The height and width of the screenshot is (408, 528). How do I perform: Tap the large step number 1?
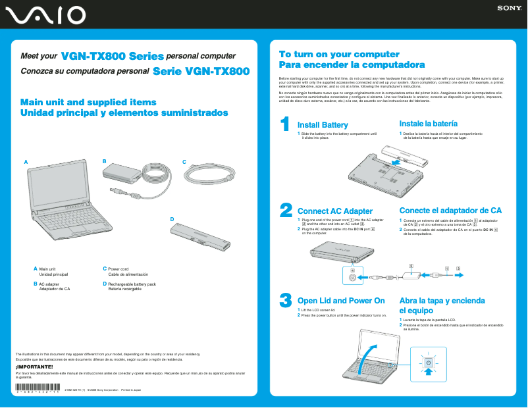click(x=285, y=124)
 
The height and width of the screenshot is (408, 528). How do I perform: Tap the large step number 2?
click(x=286, y=209)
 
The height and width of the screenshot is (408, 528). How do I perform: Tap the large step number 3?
click(x=286, y=300)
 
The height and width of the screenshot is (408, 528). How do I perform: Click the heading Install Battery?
click(x=323, y=125)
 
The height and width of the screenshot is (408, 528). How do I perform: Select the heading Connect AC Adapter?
click(x=335, y=211)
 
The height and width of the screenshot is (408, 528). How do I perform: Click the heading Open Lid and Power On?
click(x=341, y=301)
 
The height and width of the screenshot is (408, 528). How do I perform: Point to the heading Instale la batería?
click(x=428, y=124)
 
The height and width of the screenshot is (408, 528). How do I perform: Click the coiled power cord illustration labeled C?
click(x=209, y=176)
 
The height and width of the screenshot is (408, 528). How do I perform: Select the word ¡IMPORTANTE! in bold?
click(x=30, y=367)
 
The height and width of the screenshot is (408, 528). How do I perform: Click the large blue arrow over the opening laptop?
click(x=369, y=356)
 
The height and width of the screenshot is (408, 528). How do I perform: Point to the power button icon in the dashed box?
click(x=428, y=363)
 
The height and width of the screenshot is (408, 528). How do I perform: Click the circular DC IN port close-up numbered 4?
click(x=353, y=278)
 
